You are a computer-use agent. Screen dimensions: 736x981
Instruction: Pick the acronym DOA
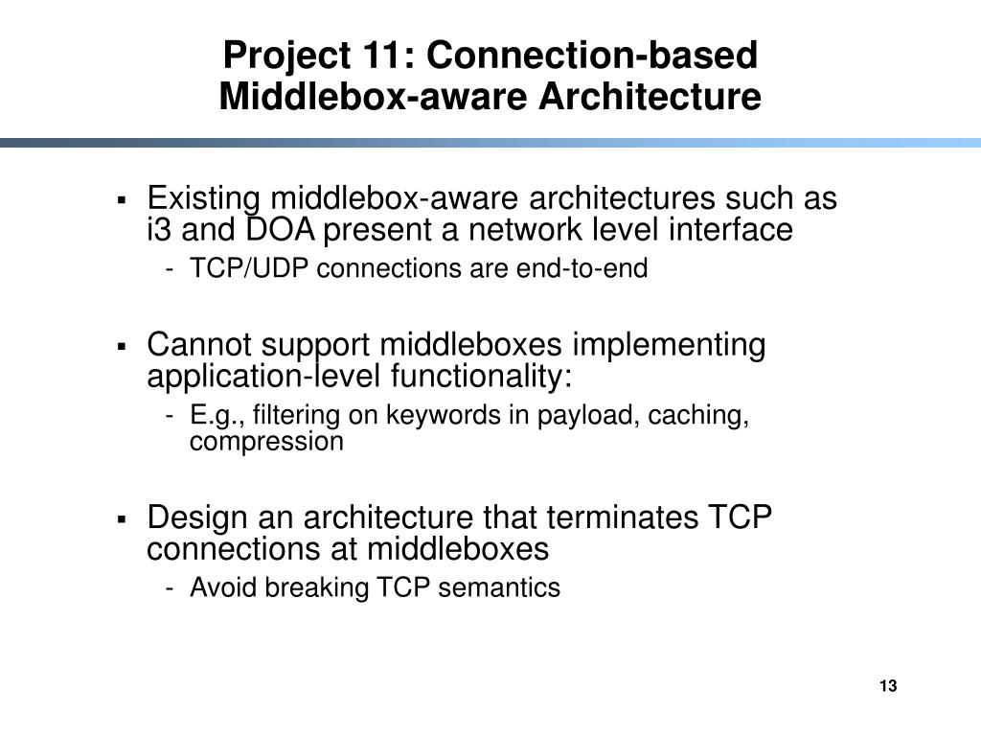[x=279, y=230]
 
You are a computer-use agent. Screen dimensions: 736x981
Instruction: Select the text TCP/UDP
[x=250, y=269]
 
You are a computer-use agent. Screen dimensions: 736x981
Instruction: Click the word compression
[x=266, y=442]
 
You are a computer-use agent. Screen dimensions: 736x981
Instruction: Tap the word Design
[x=194, y=518]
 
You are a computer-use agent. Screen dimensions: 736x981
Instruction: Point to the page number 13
[x=886, y=686]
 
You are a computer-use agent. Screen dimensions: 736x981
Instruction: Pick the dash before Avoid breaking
[x=170, y=588]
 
